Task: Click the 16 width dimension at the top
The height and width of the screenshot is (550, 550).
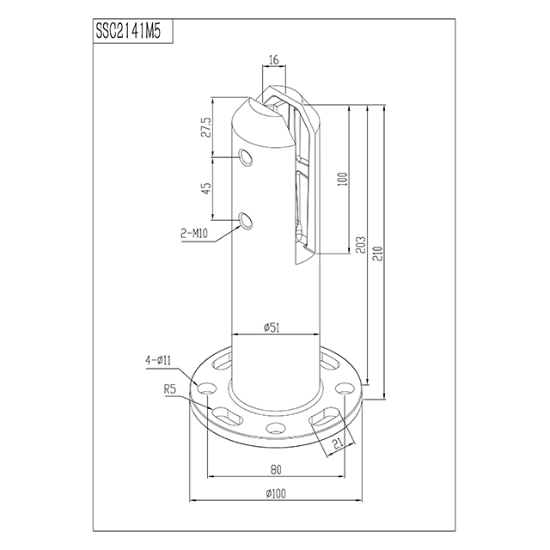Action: click(x=274, y=61)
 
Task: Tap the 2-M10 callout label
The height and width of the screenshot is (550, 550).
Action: click(x=197, y=232)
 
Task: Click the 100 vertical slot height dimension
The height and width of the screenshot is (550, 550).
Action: click(x=341, y=180)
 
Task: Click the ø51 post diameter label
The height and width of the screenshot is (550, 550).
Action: click(x=274, y=326)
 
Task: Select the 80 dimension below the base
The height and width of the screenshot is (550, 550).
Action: click(x=274, y=469)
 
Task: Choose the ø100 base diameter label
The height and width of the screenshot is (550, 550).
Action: click(x=274, y=493)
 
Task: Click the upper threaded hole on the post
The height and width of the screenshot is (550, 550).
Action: click(x=247, y=158)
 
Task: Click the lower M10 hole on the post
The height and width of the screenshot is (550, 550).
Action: click(x=247, y=221)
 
